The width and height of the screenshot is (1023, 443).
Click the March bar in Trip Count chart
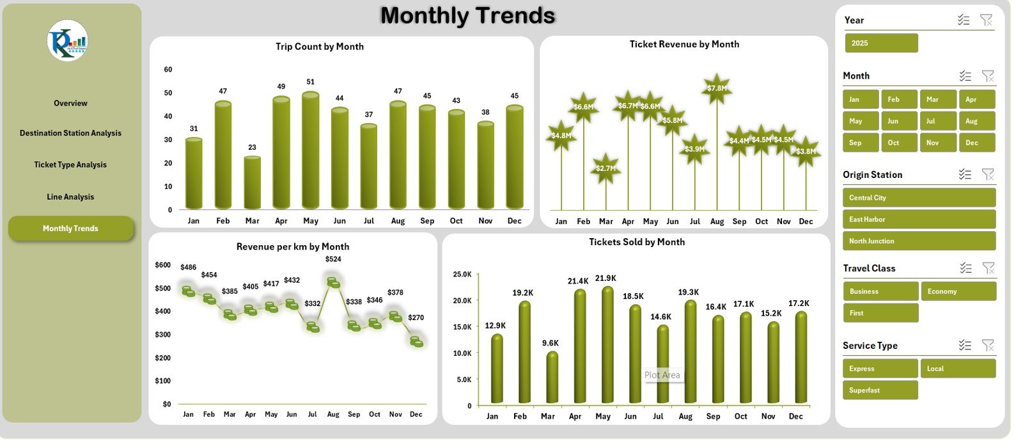tap(252, 183)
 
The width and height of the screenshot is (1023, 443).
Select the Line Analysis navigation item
tap(70, 197)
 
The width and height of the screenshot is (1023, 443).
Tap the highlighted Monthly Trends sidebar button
tap(70, 229)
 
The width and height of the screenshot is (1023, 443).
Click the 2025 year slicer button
tap(881, 44)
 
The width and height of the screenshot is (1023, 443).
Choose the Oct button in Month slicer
tap(900, 143)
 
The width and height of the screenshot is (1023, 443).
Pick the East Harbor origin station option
tap(919, 220)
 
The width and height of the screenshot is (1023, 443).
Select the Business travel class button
tap(880, 291)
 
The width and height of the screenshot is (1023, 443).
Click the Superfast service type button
tap(880, 391)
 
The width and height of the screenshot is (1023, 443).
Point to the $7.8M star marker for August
tap(717, 88)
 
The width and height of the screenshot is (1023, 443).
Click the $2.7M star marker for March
tap(605, 168)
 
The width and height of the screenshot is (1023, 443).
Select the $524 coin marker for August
tap(333, 282)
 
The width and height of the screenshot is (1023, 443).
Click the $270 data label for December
tap(416, 318)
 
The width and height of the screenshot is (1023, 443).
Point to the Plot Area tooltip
tap(662, 375)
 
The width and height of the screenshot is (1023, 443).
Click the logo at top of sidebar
tap(67, 40)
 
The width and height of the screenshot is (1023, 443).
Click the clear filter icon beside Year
tap(987, 20)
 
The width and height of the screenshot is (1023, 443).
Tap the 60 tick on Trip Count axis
tap(168, 70)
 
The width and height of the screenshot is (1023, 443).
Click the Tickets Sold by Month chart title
tap(637, 242)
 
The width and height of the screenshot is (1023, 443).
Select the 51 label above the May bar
tap(310, 82)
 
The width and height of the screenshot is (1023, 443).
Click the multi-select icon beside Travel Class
tap(965, 268)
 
